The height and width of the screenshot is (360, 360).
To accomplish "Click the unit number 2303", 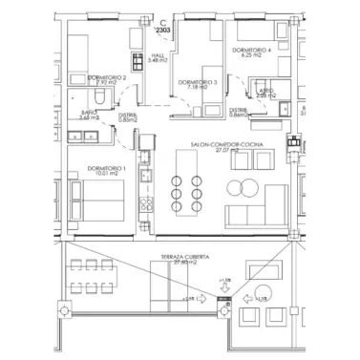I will click(163, 31).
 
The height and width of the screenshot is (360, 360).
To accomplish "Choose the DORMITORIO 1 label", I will click(105, 167).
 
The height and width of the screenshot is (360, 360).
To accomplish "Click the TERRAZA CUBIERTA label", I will click(186, 259).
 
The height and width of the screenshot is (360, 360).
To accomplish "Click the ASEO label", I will click(265, 90).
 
